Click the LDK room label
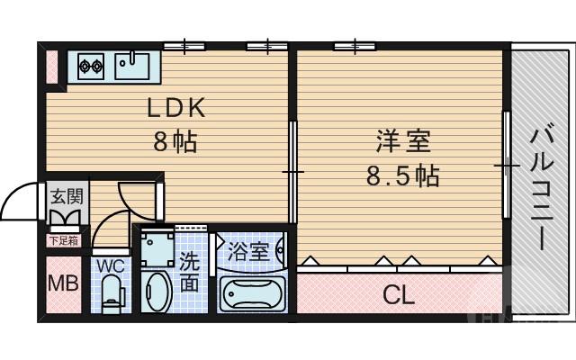(178, 108)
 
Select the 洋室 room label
(403, 141)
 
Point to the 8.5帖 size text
(402, 175)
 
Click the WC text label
(111, 265)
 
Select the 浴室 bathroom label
(249, 251)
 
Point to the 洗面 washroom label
(190, 272)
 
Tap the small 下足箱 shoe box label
(63, 240)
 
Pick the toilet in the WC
(112, 292)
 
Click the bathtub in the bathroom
(252, 293)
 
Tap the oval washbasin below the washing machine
(157, 292)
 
